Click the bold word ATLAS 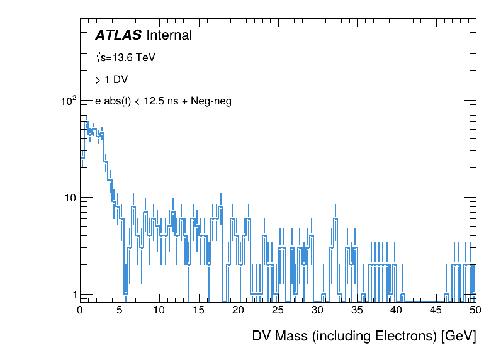118,36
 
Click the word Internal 168,36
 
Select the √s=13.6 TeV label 125,57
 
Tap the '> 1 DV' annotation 111,79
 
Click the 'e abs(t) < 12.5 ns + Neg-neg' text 163,101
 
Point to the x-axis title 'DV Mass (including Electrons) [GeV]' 364,336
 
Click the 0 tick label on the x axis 80,310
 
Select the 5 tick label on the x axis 120,310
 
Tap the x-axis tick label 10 159,310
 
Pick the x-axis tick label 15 198,310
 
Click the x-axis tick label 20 238,310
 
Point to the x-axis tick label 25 278,310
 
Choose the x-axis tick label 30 317,310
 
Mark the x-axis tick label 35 357,310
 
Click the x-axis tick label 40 397,310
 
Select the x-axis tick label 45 436,310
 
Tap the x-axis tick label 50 475,310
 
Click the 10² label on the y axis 68,100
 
